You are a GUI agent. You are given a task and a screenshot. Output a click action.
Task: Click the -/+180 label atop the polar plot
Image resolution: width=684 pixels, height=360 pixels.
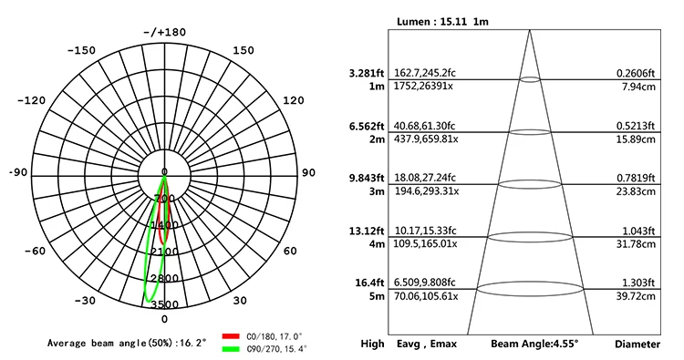click(x=164, y=32)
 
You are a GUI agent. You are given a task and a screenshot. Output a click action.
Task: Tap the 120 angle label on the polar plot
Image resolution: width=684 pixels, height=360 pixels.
click(x=295, y=100)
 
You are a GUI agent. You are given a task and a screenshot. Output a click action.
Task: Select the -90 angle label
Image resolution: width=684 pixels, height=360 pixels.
click(x=17, y=172)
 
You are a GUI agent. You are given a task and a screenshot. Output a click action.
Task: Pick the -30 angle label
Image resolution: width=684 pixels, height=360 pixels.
click(x=85, y=301)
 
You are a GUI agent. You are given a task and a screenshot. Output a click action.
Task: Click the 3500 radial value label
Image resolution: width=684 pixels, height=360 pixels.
click(x=164, y=304)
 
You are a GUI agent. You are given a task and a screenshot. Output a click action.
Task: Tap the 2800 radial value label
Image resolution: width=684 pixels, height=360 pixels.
click(x=164, y=278)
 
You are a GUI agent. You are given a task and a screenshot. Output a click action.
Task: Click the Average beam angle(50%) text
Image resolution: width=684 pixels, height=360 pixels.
click(x=128, y=343)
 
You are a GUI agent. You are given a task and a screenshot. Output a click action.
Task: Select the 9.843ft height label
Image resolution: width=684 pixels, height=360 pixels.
click(x=366, y=178)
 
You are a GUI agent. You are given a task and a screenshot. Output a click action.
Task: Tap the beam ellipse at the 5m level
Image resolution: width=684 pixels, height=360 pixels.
click(x=530, y=289)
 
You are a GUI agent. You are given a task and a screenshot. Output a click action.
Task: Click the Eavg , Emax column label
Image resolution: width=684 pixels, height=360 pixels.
click(x=427, y=345)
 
